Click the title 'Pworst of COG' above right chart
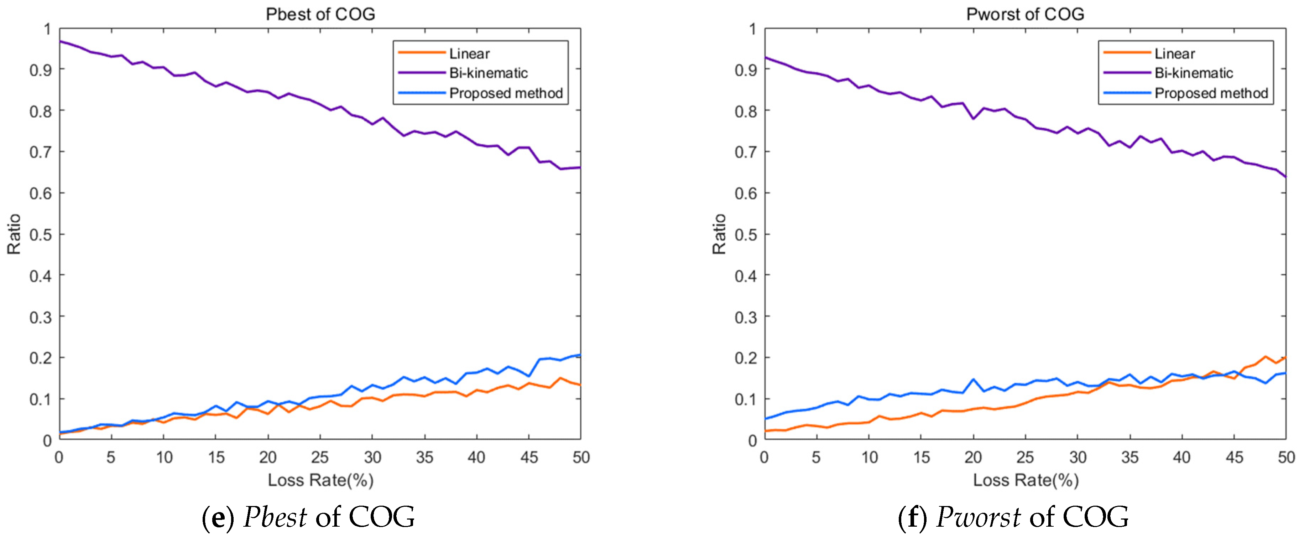point(1025,14)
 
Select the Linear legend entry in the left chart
point(469,53)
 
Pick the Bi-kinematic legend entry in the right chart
point(1193,73)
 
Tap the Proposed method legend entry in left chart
point(505,93)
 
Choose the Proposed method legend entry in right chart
point(1211,93)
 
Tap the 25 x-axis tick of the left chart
point(320,457)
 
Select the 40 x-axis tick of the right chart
point(1181,457)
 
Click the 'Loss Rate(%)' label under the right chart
point(1025,480)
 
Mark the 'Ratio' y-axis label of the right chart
point(719,234)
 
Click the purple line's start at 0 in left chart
point(60,41)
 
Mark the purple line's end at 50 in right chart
point(1285,177)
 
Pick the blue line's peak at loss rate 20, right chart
point(973,380)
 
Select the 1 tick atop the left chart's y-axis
point(47,29)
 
